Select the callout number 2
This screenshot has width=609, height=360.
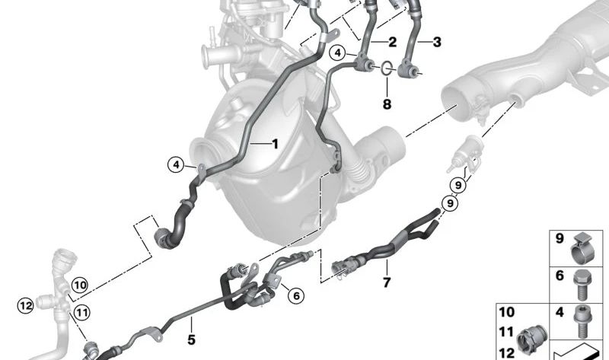393,42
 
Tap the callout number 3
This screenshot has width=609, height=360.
437,42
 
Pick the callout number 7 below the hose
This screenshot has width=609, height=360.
387,283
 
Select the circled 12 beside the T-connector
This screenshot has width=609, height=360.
24,305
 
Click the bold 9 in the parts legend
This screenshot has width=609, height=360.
559,240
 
